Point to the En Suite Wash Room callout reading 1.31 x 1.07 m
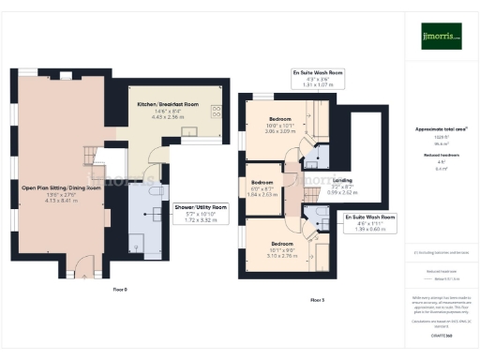click(x=316, y=76)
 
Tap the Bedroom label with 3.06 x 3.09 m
click(x=280, y=120)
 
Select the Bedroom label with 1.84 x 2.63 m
click(x=262, y=182)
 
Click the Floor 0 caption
click(x=119, y=290)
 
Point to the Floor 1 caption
click(x=317, y=299)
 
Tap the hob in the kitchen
click(x=217, y=112)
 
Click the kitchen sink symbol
click(x=190, y=132)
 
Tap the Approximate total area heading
click(x=441, y=128)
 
